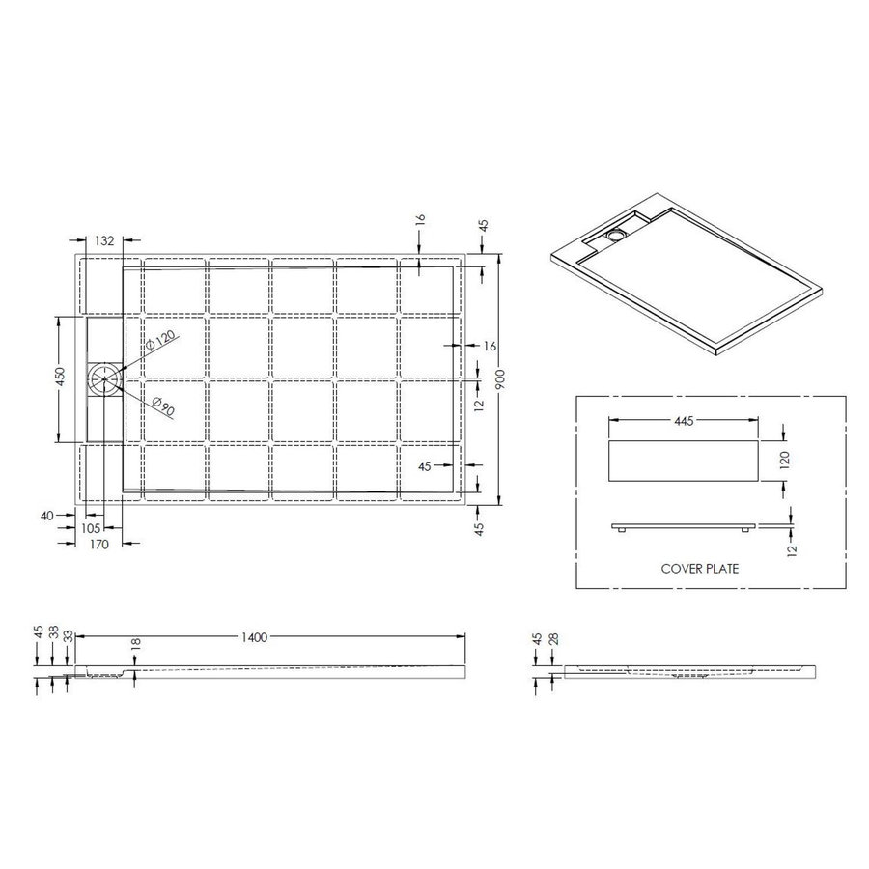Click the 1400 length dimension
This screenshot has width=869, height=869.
pos(255,636)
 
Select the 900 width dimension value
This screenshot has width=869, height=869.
pos(499,381)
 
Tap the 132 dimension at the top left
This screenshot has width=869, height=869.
pos(106,240)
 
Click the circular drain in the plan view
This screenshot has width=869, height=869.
pos(103,379)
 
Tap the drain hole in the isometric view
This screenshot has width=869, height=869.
pos(616,234)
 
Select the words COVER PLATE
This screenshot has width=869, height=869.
pos(700,569)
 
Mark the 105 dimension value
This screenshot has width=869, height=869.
pos(92,528)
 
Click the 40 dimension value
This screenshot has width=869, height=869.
pos(46,516)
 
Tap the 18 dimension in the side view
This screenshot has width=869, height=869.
pos(136,642)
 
